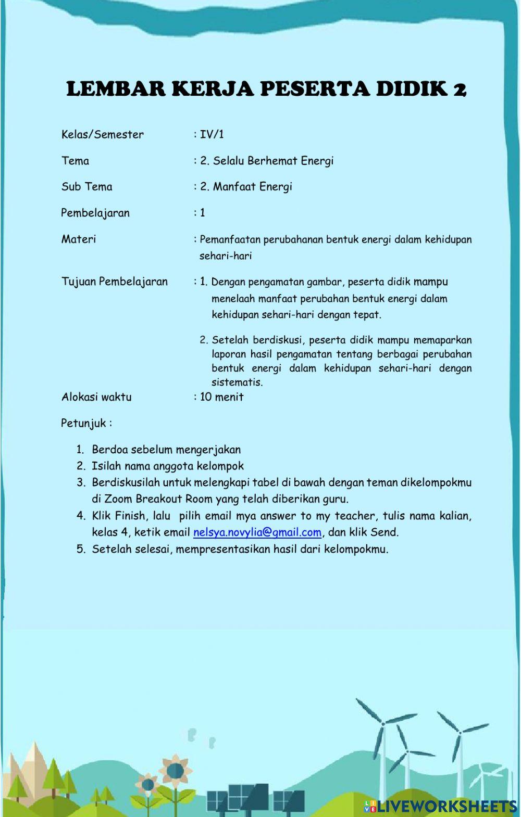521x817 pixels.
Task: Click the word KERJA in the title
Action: [x=214, y=89]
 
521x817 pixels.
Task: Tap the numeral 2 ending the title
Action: [x=460, y=90]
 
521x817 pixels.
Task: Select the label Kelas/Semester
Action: [x=102, y=134]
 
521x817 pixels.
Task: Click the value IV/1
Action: [x=212, y=134]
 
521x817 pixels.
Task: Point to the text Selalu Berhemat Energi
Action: [x=273, y=161]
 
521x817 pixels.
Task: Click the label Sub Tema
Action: [x=86, y=187]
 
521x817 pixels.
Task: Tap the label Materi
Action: [x=79, y=239]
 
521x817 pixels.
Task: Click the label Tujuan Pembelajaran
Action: [x=115, y=282]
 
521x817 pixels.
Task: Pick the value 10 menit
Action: [x=221, y=397]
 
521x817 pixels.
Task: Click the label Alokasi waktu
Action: [x=96, y=397]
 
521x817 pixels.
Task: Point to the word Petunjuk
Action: [x=83, y=423]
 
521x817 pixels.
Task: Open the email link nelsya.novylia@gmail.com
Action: [x=257, y=532]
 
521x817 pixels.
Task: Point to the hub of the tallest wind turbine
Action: [x=383, y=723]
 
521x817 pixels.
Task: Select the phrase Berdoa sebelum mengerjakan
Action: [x=166, y=450]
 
